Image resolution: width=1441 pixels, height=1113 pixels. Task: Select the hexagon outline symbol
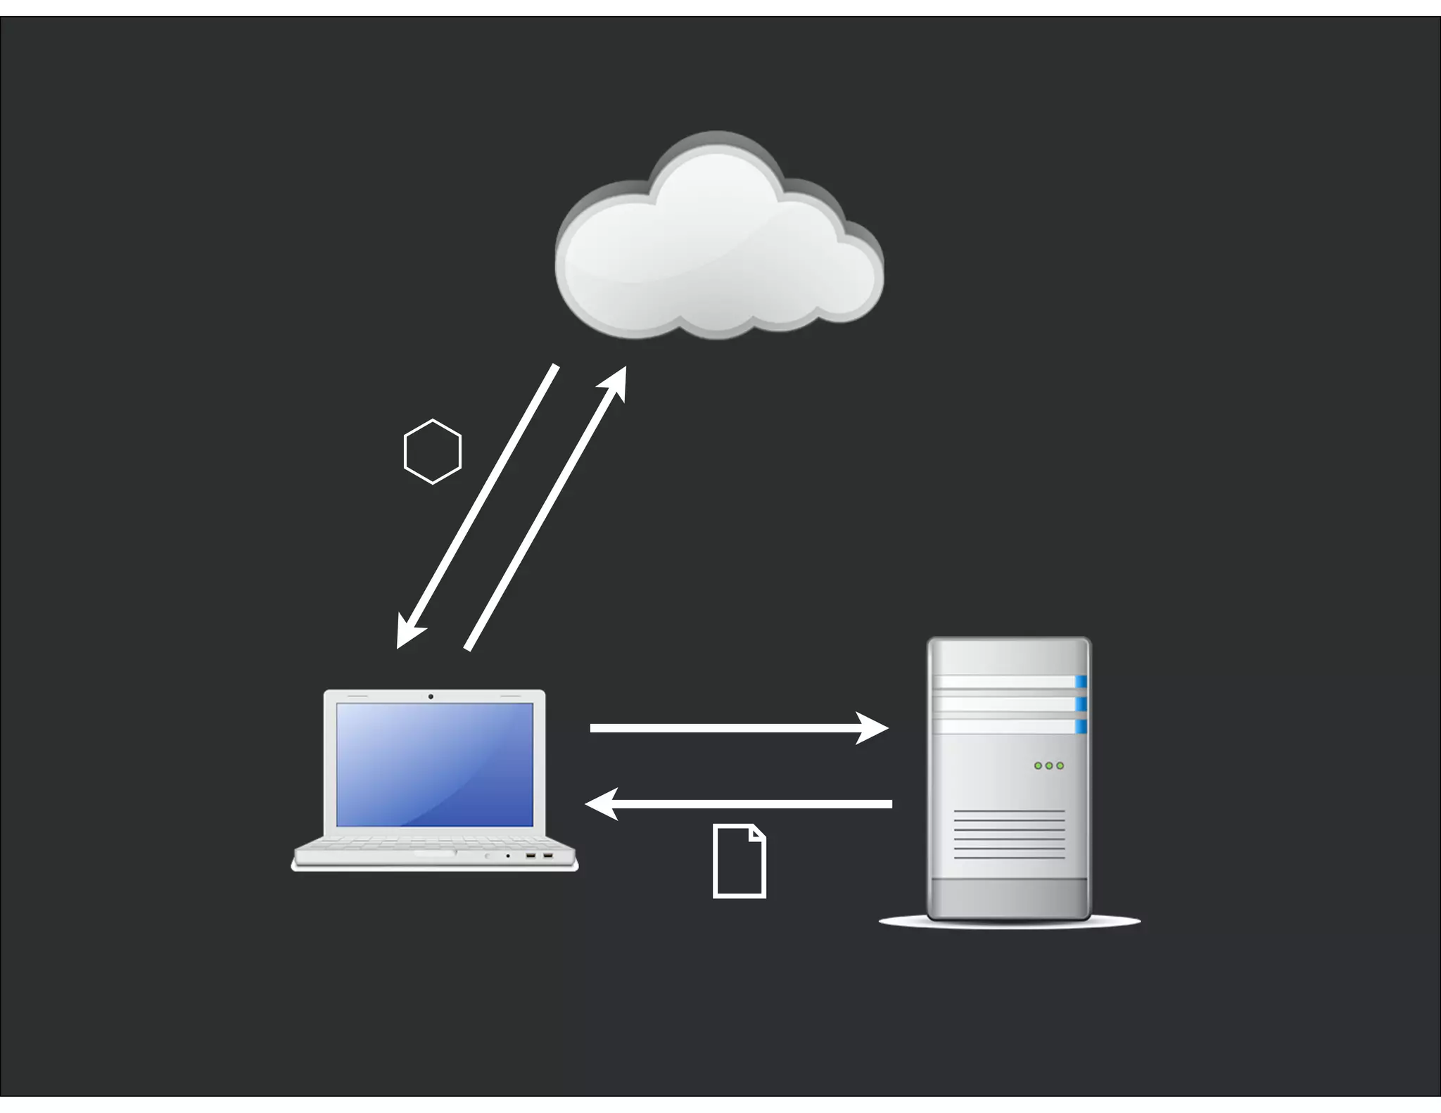pyautogui.click(x=432, y=452)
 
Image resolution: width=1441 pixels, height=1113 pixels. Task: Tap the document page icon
pyautogui.click(x=739, y=861)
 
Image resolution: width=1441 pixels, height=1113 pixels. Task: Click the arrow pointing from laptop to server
pyautogui.click(x=732, y=727)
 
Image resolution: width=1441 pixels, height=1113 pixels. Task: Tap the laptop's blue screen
pyautogui.click(x=434, y=764)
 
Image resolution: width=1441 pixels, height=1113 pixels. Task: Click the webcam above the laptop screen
pyautogui.click(x=431, y=697)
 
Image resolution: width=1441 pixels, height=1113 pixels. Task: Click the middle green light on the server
pyautogui.click(x=1048, y=765)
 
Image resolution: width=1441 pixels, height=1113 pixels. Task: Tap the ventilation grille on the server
pyautogui.click(x=1009, y=834)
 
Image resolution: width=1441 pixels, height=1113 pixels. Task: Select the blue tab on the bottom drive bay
pyautogui.click(x=1081, y=726)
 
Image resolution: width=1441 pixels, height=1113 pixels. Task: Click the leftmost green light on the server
pyautogui.click(x=1037, y=765)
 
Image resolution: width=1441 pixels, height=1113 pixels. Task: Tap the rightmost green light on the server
pyautogui.click(x=1060, y=765)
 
